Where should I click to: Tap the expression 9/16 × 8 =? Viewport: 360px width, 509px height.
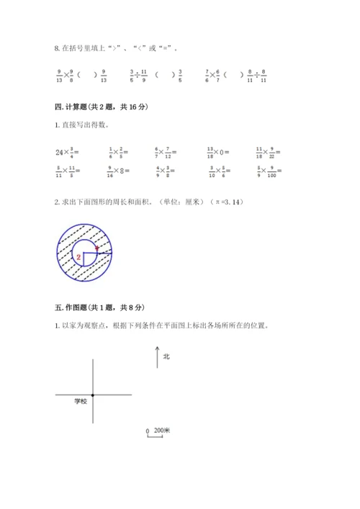click(120, 171)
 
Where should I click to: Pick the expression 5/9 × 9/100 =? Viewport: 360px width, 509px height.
click(271, 171)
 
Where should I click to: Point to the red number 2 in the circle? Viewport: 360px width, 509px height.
click(78, 256)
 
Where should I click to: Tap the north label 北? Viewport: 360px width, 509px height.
click(166, 356)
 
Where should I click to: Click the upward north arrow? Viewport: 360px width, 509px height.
click(157, 358)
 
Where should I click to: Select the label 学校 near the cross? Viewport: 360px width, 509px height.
click(79, 401)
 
